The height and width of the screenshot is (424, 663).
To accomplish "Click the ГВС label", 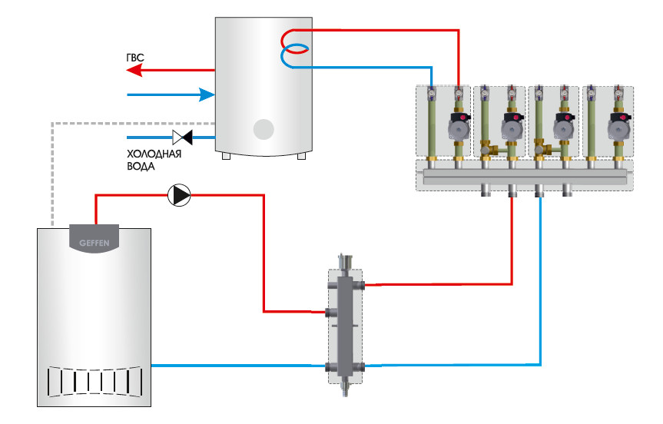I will (135, 58).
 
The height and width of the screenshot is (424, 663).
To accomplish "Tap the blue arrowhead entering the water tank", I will (206, 94).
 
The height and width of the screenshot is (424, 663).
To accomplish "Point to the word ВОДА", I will (141, 166).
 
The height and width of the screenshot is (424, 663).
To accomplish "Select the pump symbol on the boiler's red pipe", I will (180, 196).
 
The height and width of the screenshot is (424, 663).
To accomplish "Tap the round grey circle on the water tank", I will (264, 129).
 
